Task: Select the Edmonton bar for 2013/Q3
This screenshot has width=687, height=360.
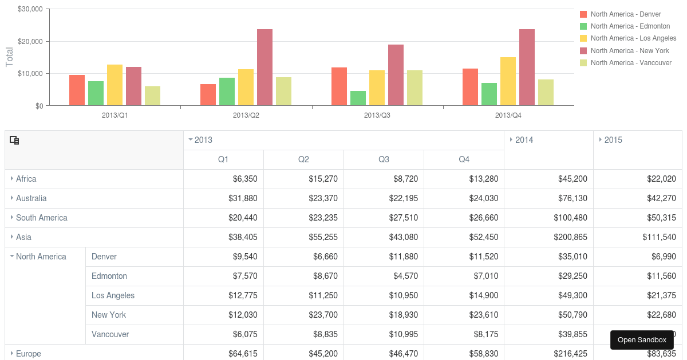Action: click(x=358, y=98)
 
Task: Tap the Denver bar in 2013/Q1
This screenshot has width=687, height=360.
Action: click(x=77, y=90)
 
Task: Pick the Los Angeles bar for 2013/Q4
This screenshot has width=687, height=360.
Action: click(x=508, y=81)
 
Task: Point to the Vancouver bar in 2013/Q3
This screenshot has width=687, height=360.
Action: click(x=414, y=88)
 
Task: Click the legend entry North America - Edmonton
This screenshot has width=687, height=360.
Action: click(x=630, y=26)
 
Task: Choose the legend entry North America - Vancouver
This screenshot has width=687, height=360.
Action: click(x=631, y=63)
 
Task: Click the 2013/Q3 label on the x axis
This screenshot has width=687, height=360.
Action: click(x=377, y=115)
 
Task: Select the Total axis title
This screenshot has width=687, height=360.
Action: click(x=9, y=57)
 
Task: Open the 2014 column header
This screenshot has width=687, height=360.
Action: click(x=524, y=140)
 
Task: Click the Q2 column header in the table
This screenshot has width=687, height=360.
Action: click(x=303, y=159)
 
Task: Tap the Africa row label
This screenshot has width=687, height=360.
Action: click(x=26, y=179)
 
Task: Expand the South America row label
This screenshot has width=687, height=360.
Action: click(x=41, y=218)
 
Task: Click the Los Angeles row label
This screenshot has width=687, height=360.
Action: click(x=113, y=295)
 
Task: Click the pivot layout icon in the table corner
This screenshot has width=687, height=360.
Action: click(x=15, y=140)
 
